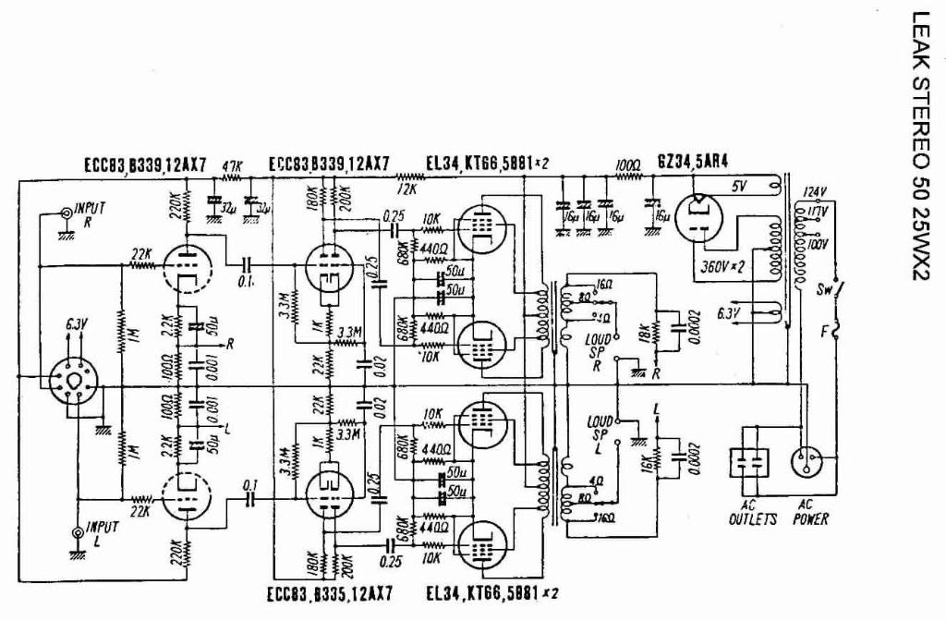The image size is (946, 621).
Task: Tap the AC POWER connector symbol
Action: pyautogui.click(x=807, y=463)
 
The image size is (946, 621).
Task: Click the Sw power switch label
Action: pyautogui.click(x=825, y=288)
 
